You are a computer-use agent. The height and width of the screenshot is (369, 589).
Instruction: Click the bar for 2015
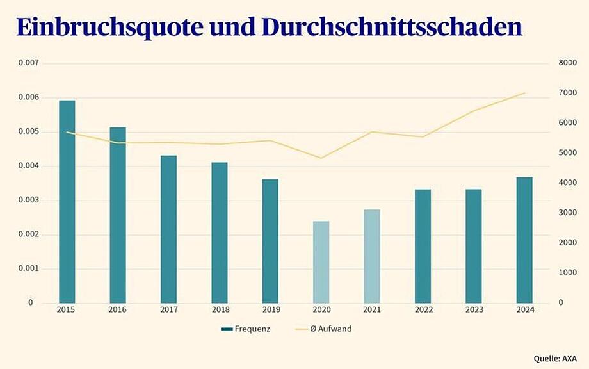[x=67, y=201]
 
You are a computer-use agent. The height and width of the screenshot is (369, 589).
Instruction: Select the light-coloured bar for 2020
[x=321, y=262]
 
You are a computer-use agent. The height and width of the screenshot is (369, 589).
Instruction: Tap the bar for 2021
[x=372, y=256]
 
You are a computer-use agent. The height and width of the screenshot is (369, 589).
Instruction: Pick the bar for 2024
[x=524, y=240]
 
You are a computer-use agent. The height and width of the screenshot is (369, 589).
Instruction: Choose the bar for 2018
[x=220, y=233]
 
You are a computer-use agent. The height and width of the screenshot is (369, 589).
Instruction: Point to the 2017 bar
[x=168, y=229]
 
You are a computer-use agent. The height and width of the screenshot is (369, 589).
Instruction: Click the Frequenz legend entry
[x=246, y=329]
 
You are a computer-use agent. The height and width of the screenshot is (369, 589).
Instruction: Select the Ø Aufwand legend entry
[x=325, y=329]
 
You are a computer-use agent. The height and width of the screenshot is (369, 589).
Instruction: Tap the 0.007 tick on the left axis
[x=28, y=63]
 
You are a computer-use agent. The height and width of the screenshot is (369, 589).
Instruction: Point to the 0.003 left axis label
[x=28, y=200]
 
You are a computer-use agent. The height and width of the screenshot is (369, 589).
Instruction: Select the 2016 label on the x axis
[x=118, y=309]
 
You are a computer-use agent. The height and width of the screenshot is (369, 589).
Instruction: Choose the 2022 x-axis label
[x=423, y=309]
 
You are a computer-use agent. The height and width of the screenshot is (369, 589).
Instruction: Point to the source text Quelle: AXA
[x=555, y=358]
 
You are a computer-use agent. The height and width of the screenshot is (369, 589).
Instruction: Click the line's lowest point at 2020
[x=321, y=158]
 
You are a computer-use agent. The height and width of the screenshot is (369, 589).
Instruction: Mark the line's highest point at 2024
[x=524, y=93]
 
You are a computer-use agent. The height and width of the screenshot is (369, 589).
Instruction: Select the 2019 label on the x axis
[x=270, y=309]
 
